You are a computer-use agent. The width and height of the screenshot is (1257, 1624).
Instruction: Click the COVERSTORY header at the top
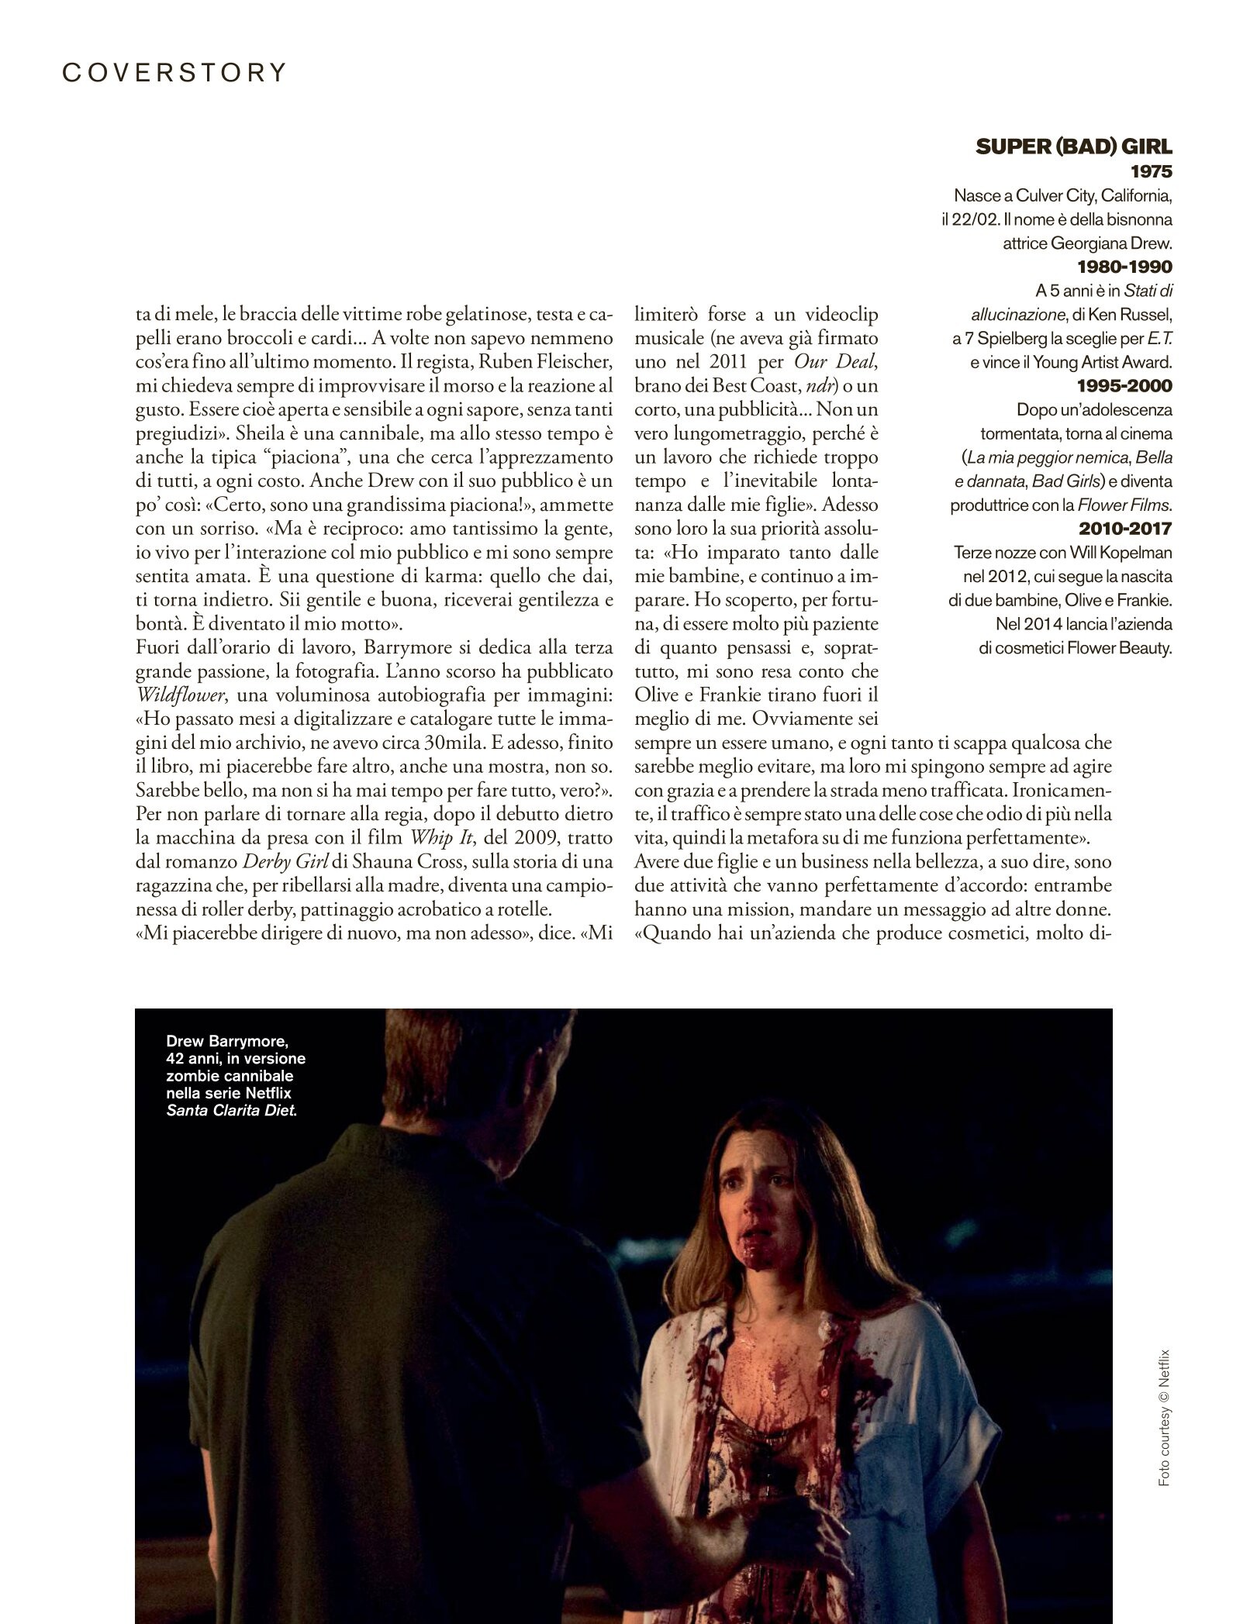(174, 72)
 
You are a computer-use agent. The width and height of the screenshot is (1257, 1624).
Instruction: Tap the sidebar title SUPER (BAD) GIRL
(1074, 147)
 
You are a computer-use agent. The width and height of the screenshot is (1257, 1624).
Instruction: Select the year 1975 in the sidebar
(1151, 171)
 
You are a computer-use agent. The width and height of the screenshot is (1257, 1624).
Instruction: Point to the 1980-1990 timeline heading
(1125, 267)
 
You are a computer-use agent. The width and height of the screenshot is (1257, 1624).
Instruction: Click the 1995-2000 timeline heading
(1125, 386)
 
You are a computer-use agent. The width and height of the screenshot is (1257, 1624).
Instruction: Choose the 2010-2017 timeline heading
(1125, 529)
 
